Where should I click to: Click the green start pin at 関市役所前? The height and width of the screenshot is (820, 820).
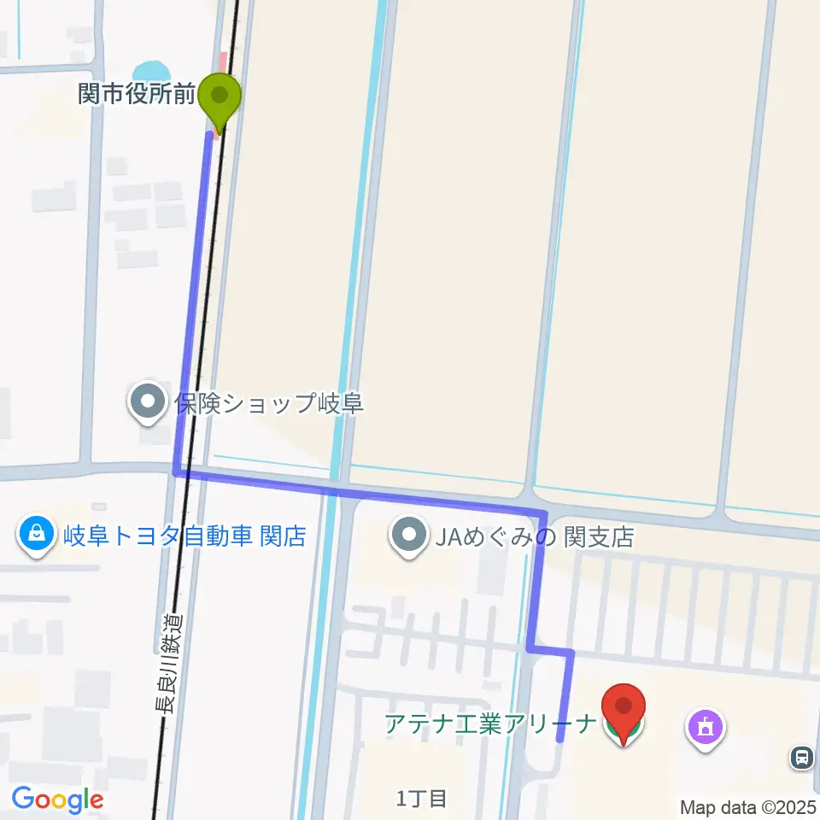coord(220,95)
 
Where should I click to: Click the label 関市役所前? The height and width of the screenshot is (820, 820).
coord(137,94)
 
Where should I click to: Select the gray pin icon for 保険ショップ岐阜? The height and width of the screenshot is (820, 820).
coord(148,402)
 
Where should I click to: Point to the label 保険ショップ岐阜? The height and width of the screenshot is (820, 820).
coord(270,402)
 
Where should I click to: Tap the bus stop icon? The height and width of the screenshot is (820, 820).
coord(802,756)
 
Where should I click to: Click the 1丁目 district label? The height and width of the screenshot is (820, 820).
coord(422,799)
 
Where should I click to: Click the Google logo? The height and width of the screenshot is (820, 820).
coord(57,799)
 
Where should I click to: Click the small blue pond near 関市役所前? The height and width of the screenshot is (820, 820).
coord(149,70)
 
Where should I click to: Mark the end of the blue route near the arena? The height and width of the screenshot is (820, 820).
coord(560,740)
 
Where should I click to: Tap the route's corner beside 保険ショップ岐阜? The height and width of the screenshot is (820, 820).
coord(178,471)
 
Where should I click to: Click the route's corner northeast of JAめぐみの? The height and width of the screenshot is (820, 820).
coord(543,512)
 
